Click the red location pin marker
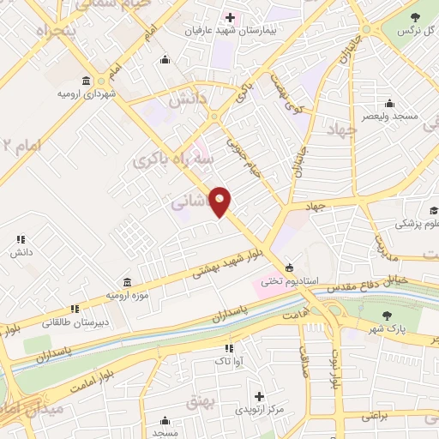click(220, 201)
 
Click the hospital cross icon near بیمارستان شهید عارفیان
click(230, 17)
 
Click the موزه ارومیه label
click(127, 295)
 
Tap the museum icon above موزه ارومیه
click(127, 282)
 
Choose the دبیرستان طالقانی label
click(75, 322)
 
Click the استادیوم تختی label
click(289, 280)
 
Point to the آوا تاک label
click(229, 362)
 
